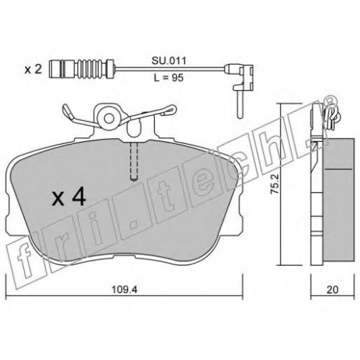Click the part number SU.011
pos(168,61)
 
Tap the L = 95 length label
pos(168,78)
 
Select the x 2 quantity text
pos(34,70)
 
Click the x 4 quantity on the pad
pos(69,197)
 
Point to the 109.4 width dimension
pos(125,289)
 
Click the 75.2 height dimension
pos(275,184)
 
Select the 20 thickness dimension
pos(333,289)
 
